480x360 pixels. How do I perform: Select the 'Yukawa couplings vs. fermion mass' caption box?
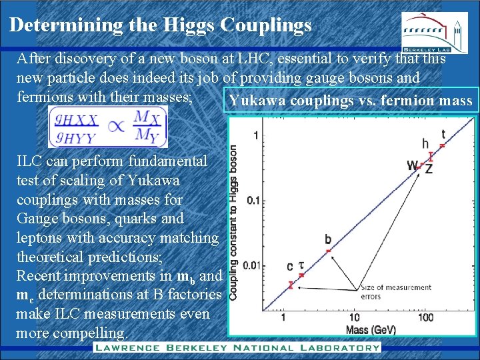350,101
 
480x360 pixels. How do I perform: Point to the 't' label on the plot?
443,134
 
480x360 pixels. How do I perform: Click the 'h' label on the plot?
425,143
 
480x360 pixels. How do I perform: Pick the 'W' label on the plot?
413,165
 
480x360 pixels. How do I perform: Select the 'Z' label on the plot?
429,169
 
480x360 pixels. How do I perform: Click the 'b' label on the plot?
327,239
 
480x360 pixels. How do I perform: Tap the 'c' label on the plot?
290,267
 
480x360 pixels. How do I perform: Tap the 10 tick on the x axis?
353,317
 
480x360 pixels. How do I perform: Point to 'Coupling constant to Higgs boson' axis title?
235,222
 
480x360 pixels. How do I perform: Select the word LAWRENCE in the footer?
127,347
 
